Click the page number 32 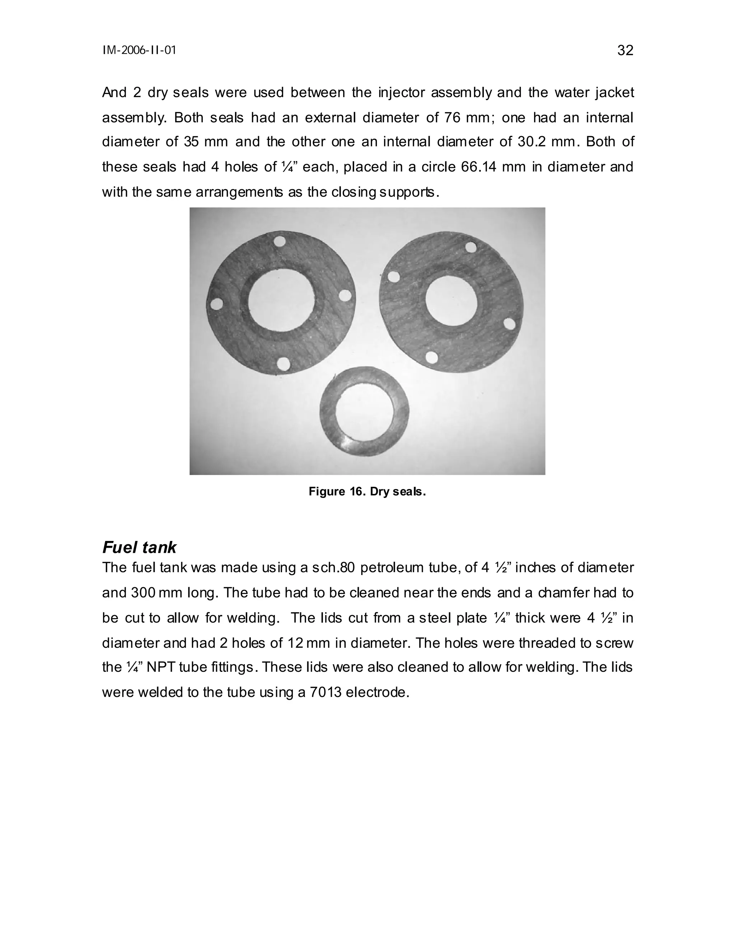(x=625, y=51)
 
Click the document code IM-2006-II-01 (x=139, y=51)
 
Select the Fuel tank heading (x=139, y=547)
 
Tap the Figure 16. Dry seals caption (x=367, y=491)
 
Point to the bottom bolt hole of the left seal (x=284, y=364)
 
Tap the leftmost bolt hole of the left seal (x=216, y=304)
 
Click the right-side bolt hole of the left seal (x=345, y=296)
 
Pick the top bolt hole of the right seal (x=471, y=247)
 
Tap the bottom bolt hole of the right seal (x=431, y=357)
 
